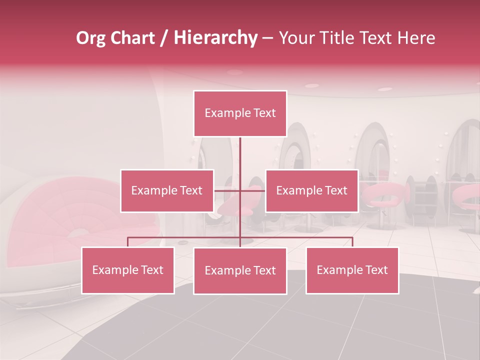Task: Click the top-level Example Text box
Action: (x=240, y=113)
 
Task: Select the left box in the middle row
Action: (x=167, y=190)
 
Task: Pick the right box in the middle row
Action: (x=311, y=190)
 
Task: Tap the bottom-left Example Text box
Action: (x=128, y=270)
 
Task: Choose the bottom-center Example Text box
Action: (x=240, y=270)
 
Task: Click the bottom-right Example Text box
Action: (x=352, y=270)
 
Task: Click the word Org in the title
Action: (x=90, y=38)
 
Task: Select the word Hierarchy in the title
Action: (x=215, y=38)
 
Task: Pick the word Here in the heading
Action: (x=416, y=38)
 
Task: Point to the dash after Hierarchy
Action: (x=267, y=38)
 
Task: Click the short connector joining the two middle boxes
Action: (x=239, y=190)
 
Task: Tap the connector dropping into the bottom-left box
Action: (x=128, y=242)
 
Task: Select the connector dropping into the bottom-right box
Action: (x=352, y=242)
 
